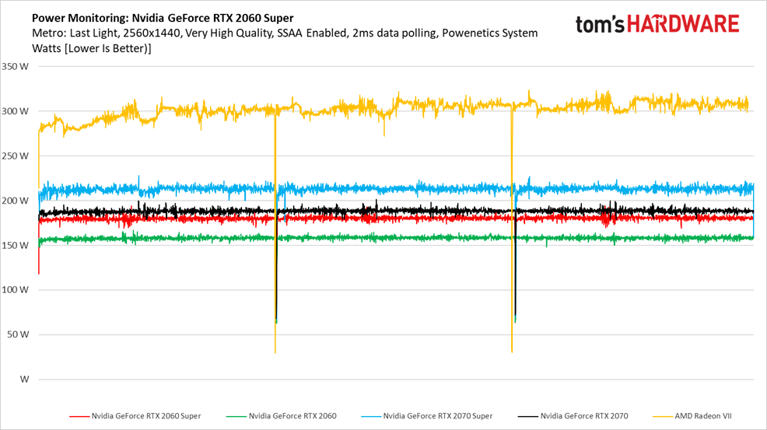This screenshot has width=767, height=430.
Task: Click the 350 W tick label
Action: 15,67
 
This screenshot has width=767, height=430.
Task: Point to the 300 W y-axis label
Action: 15,111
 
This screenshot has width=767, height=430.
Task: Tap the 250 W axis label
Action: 15,156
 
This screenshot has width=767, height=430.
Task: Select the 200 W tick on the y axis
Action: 15,201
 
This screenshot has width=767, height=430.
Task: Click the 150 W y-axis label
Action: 15,245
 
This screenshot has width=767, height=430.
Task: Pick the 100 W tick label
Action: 15,290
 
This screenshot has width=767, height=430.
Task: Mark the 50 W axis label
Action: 17,334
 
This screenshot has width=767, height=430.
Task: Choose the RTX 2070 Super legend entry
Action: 437,416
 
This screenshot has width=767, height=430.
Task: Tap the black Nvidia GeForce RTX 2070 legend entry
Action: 583,416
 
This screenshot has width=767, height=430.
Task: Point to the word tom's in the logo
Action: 600,24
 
